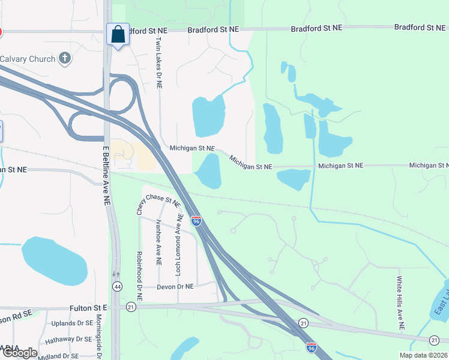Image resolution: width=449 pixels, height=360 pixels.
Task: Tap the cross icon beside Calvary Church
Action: (x=65, y=59)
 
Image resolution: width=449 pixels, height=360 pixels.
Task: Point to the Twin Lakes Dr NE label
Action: (x=159, y=63)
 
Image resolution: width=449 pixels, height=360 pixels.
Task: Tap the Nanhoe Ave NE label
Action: (x=158, y=242)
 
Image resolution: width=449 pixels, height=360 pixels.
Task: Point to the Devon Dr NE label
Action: (x=176, y=287)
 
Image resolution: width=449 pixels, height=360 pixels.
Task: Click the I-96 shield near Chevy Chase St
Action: (x=196, y=221)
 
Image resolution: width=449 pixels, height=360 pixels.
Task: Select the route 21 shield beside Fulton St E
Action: (x=131, y=307)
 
